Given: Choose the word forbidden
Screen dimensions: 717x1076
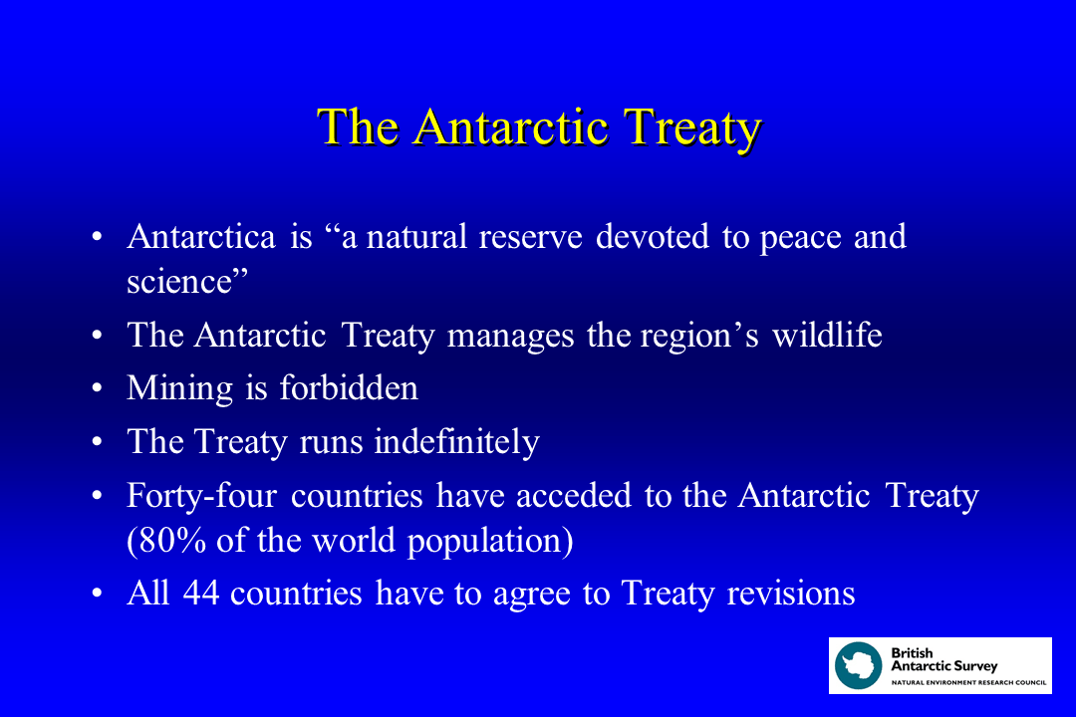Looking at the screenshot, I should tap(349, 387).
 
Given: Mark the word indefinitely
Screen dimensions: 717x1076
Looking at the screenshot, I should tap(456, 441).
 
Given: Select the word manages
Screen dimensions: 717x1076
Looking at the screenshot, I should tap(510, 336).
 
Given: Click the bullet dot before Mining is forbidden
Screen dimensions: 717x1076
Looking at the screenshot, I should tap(97, 388).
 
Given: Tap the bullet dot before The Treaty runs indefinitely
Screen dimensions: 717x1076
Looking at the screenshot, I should tap(97, 442).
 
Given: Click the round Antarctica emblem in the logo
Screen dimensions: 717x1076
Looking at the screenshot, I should tap(859, 665).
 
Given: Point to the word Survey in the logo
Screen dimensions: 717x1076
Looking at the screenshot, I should tap(972, 665).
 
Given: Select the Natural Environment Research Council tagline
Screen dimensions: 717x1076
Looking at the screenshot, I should tap(961, 682).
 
